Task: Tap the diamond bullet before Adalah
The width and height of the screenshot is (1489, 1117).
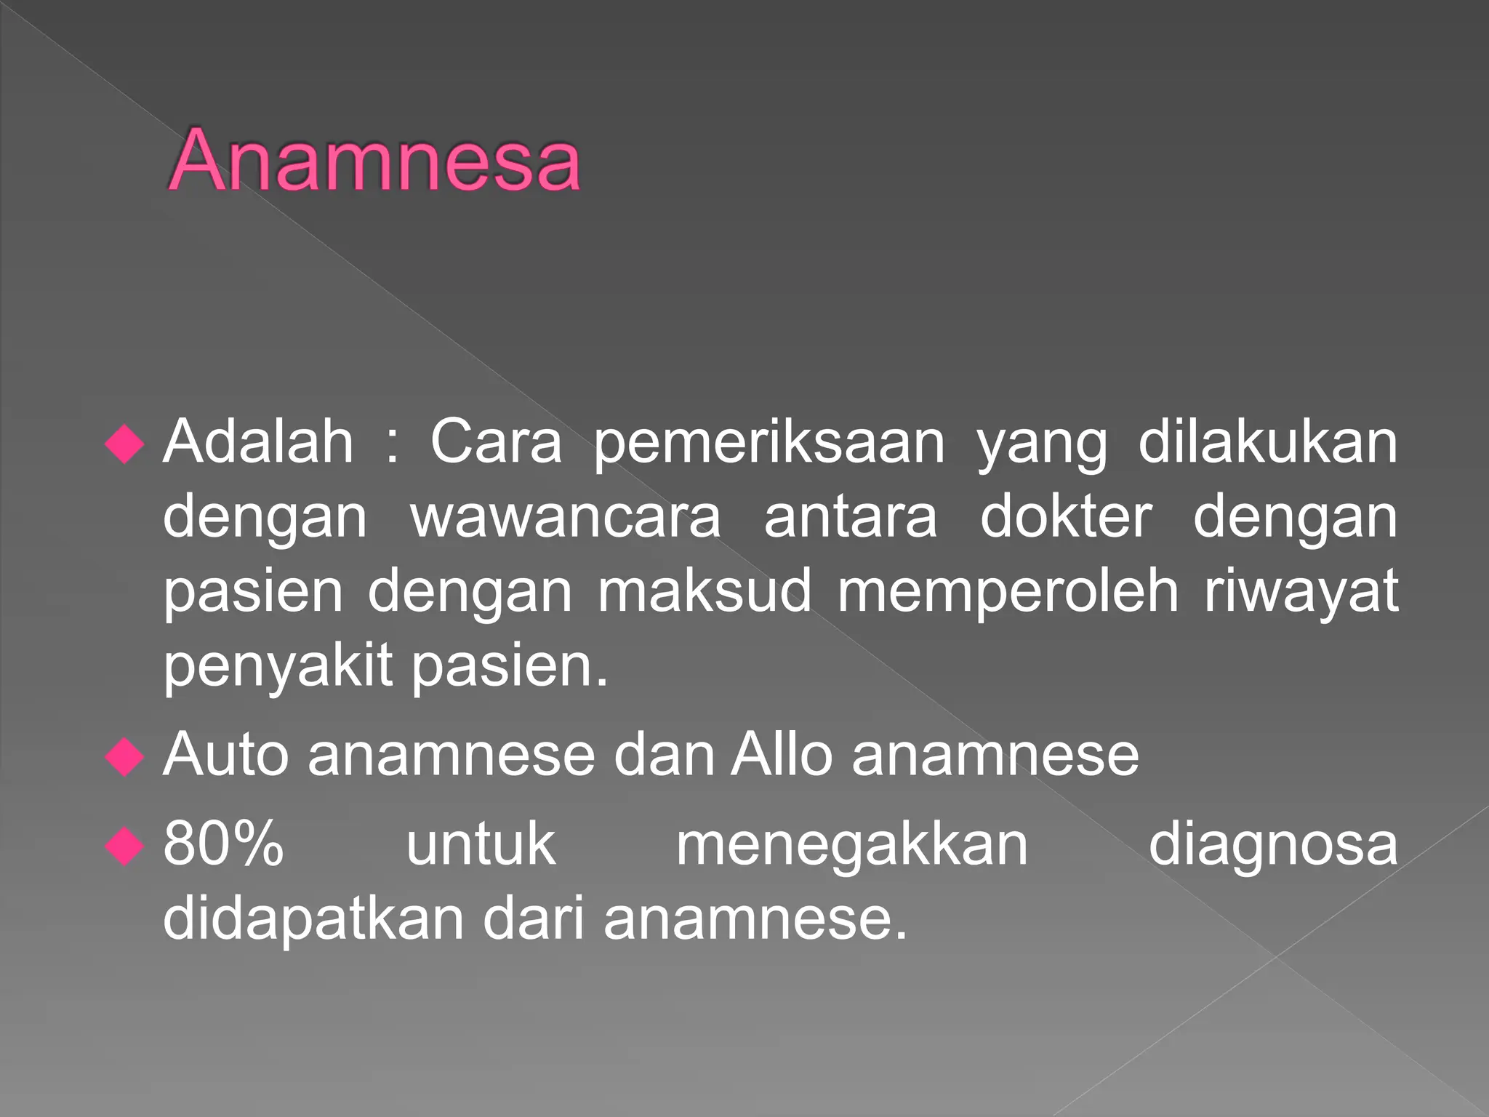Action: (x=125, y=443)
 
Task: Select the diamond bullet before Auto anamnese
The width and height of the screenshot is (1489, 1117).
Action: (x=125, y=757)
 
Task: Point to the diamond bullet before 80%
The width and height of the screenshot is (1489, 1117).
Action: (x=125, y=846)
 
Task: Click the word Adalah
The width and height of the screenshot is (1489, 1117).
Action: (x=258, y=441)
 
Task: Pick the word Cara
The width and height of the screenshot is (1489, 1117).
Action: (x=496, y=441)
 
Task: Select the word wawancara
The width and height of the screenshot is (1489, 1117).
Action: (x=566, y=517)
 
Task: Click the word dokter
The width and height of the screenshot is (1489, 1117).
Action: (x=1066, y=517)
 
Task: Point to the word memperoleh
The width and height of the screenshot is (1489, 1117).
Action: (x=1008, y=592)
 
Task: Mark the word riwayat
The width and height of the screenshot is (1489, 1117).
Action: (x=1301, y=593)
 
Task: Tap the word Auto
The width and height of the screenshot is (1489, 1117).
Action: (x=226, y=755)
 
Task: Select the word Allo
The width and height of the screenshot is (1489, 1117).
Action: (x=782, y=755)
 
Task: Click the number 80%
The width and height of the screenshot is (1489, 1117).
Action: (x=223, y=844)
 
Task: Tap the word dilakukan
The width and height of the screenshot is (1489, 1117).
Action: (x=1267, y=441)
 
